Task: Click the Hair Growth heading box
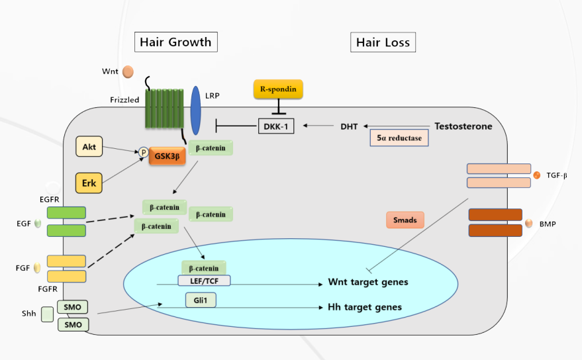pyautogui.click(x=176, y=42)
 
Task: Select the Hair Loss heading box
pyautogui.click(x=383, y=42)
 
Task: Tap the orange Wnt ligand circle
pyautogui.click(x=128, y=71)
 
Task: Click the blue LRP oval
pyautogui.click(x=195, y=110)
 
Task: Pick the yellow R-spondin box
pyautogui.click(x=278, y=89)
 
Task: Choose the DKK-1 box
pyautogui.click(x=275, y=124)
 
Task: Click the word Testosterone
pyautogui.click(x=463, y=126)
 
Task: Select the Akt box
pyautogui.click(x=89, y=146)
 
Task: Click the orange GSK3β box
pyautogui.click(x=167, y=156)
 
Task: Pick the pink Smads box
pyautogui.click(x=405, y=220)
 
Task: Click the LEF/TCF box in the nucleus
pyautogui.click(x=204, y=281)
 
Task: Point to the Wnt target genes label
pyautogui.click(x=367, y=283)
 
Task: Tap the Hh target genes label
pyautogui.click(x=364, y=308)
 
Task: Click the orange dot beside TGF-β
pyautogui.click(x=536, y=175)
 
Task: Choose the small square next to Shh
pyautogui.click(x=47, y=314)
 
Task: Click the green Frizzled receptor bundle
pyautogui.click(x=163, y=109)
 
